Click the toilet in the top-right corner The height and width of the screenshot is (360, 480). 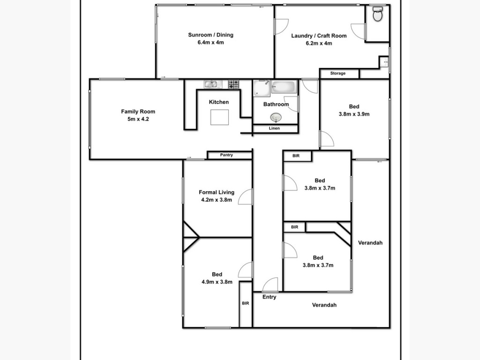(x=377, y=14)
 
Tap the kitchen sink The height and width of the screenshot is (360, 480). (x=210, y=84)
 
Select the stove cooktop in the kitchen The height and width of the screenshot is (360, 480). (x=233, y=84)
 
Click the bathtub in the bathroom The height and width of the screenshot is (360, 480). (x=284, y=87)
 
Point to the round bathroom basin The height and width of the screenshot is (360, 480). (x=276, y=117)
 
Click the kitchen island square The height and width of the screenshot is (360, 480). (x=219, y=117)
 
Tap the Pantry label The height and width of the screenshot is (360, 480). (x=226, y=155)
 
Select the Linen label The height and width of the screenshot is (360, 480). (x=274, y=128)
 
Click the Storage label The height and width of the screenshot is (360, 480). (x=338, y=73)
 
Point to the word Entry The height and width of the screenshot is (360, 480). (x=270, y=297)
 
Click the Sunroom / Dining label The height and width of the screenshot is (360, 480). (x=210, y=35)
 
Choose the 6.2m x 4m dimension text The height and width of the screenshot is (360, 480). (x=319, y=43)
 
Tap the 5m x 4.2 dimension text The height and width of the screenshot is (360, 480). (x=138, y=119)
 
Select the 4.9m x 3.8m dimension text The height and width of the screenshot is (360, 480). (x=217, y=282)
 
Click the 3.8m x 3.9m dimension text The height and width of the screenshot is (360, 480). (x=354, y=114)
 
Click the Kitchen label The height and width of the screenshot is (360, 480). (x=219, y=102)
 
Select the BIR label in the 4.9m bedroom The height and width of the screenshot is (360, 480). (x=246, y=303)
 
